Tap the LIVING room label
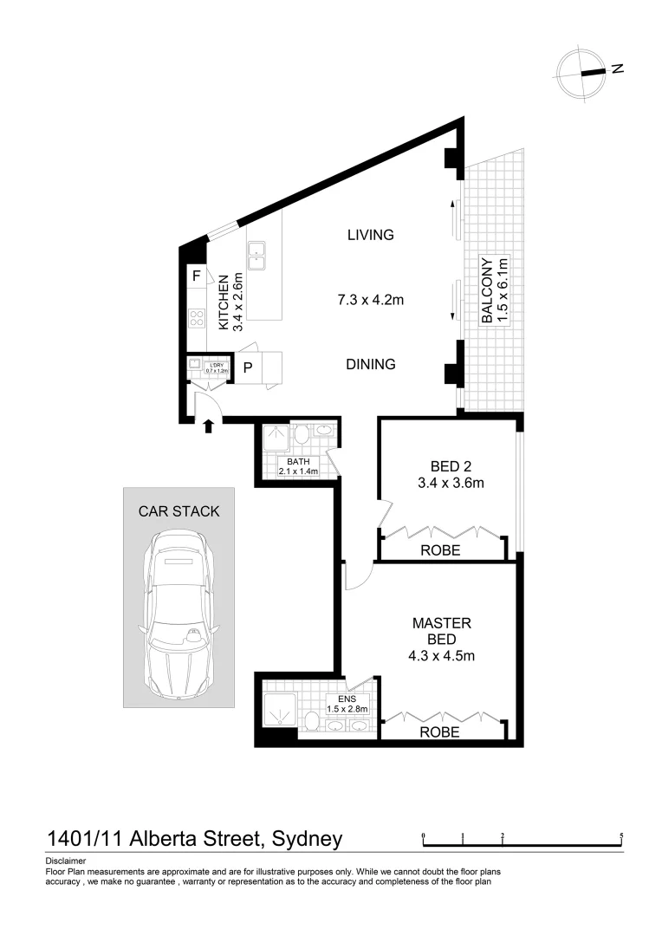point(370,235)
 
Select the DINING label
point(370,365)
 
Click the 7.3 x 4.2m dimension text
point(371,300)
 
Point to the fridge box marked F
point(197,276)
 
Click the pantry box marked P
point(247,367)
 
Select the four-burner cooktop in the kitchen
point(197,317)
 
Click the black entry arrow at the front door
point(208,425)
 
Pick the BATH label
point(298,462)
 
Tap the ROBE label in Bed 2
point(440,550)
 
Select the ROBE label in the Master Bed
point(440,732)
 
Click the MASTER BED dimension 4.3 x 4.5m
point(442,655)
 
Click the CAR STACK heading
point(179,511)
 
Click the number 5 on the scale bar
point(621,837)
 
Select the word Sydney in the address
point(307,839)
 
